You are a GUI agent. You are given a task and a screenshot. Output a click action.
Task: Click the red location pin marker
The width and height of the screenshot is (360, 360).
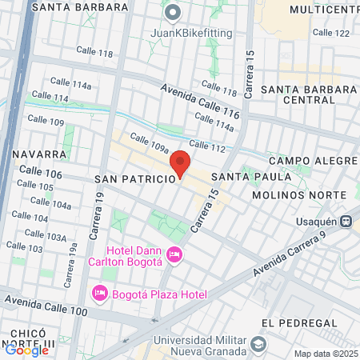pos(180,162)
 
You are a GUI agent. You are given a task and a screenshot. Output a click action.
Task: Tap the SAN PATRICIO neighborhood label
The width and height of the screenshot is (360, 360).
pos(134,178)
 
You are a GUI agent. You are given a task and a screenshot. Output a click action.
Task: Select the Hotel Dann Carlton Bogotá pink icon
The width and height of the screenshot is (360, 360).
pos(175,255)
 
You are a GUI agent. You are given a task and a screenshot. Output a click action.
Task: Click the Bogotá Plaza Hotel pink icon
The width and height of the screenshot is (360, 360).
pos(100,294)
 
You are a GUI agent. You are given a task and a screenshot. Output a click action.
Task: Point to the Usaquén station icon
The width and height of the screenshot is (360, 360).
pos(346,222)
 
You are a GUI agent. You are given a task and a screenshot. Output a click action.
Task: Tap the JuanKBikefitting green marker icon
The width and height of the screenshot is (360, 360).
pos(171,13)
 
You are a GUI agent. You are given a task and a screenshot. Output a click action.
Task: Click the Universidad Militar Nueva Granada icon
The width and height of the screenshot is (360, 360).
pos(258,343)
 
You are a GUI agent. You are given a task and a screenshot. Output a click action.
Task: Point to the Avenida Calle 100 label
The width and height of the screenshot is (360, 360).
pos(44,305)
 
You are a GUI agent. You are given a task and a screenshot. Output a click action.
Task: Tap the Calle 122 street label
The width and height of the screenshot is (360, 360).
pos(331,33)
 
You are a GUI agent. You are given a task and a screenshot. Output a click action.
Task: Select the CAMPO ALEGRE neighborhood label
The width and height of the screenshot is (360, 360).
pos(311,161)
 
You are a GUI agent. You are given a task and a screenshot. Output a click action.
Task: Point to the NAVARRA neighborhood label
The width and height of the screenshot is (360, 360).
pos(39,153)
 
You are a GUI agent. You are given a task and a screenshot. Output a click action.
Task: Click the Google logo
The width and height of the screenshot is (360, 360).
pos(26,350)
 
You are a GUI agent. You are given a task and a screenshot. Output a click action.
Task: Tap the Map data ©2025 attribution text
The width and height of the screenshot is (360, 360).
pos(324,354)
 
